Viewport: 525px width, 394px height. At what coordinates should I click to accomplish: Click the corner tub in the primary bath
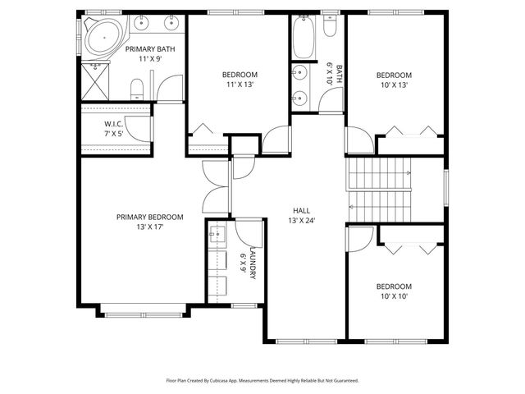[101, 38]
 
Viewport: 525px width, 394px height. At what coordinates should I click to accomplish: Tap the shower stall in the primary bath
[96, 82]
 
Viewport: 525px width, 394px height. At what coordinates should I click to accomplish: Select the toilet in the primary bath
[138, 85]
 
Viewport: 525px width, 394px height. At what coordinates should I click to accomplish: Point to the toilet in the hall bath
[331, 29]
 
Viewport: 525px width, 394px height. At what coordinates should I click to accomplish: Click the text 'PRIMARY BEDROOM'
[149, 218]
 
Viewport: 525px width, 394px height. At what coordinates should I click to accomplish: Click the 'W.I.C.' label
[113, 125]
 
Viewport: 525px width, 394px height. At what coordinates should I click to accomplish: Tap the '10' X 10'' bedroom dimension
[393, 296]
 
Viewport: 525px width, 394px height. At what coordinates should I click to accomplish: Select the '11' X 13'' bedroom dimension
[240, 85]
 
